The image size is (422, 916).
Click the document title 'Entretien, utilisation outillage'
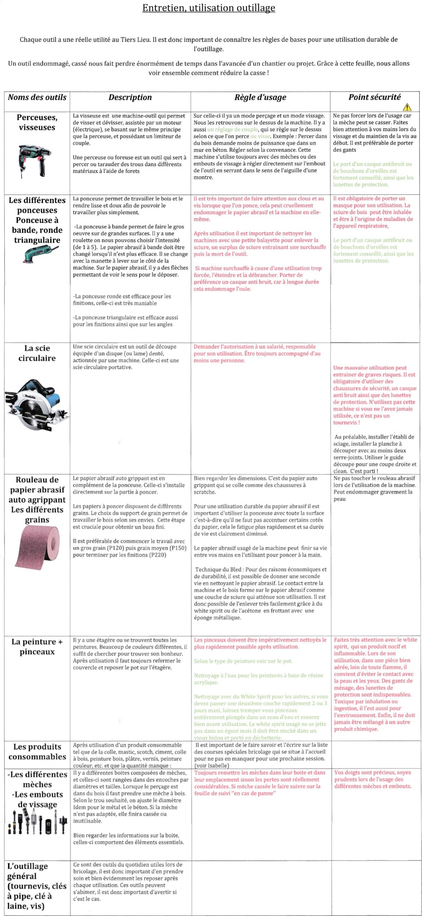[208, 8]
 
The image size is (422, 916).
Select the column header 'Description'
[130, 97]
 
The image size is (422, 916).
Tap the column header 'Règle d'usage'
[260, 97]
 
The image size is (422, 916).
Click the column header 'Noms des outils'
[37, 97]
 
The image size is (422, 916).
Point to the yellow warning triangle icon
[407, 107]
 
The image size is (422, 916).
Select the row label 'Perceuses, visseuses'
[37, 122]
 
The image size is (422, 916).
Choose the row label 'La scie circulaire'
[37, 353]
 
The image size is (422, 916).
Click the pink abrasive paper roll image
[37, 547]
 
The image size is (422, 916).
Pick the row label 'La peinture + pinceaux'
[37, 647]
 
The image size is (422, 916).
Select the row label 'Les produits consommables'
[37, 752]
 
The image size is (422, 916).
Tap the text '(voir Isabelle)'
[212, 766]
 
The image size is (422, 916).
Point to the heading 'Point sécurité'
[374, 97]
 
